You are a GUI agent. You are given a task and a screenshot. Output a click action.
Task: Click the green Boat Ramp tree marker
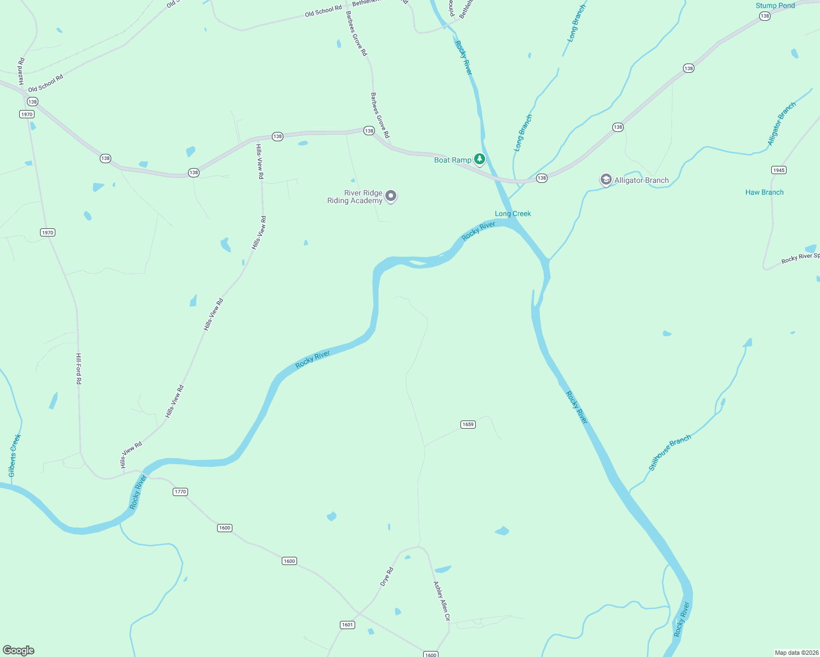tap(480, 159)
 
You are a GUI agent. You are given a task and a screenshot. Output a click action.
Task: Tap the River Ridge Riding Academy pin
tap(391, 195)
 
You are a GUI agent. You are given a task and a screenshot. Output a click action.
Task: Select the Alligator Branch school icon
tap(606, 180)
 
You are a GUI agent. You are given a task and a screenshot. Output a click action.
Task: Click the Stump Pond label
tap(775, 5)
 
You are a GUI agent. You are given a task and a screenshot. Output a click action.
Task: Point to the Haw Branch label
tap(764, 192)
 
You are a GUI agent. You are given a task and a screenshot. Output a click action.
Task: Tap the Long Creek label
tap(512, 214)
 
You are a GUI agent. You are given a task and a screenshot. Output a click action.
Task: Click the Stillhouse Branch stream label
tap(670, 452)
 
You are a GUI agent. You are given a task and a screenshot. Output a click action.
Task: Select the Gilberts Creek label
tap(15, 456)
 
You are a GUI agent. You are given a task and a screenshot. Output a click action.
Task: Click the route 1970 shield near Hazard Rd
tap(26, 114)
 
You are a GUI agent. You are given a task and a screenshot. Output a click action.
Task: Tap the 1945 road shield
tap(778, 170)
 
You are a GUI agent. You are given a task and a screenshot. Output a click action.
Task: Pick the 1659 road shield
tap(468, 424)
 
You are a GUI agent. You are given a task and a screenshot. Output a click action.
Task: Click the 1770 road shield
tap(180, 492)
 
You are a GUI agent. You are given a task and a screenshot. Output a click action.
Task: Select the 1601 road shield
tap(348, 625)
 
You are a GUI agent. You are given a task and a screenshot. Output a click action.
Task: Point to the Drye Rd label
tap(387, 577)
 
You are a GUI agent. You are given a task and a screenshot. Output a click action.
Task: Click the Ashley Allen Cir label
tap(442, 601)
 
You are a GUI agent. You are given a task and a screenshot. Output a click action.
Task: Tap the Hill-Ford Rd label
tap(79, 368)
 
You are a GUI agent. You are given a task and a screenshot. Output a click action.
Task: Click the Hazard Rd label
tap(21, 71)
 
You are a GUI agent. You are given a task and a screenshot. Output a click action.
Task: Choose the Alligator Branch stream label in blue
tap(781, 124)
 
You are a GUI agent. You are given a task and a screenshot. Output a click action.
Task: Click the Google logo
tap(19, 650)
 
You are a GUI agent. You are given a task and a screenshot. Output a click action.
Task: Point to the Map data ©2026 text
tap(796, 653)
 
